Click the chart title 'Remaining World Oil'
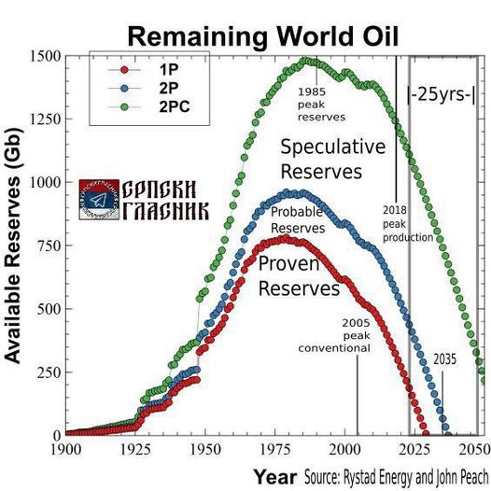coord(263,35)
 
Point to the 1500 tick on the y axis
coord(44,56)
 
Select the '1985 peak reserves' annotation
coord(322,105)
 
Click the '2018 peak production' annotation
coord(407,224)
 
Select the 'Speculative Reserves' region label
coord(332,159)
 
